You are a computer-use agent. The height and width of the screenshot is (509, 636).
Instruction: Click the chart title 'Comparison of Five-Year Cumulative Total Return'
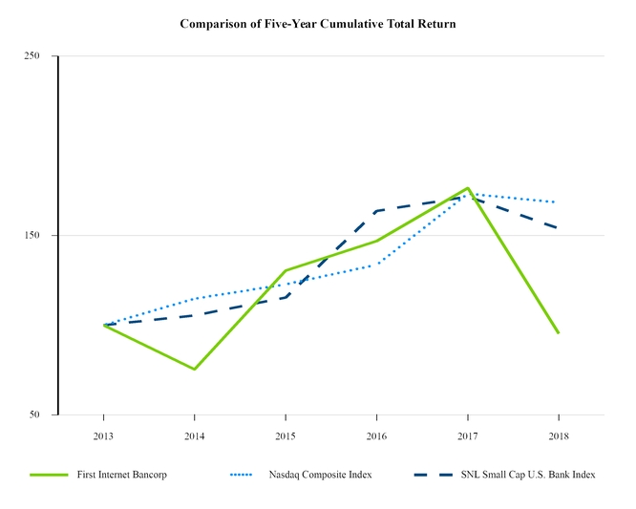click(x=318, y=23)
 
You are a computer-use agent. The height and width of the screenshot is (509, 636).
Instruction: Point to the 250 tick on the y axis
click(x=32, y=56)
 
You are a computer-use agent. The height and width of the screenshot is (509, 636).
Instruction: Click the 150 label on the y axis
click(x=32, y=236)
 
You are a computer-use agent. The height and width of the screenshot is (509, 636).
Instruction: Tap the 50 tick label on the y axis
click(x=34, y=415)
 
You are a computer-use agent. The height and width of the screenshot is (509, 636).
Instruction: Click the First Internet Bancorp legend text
click(x=122, y=475)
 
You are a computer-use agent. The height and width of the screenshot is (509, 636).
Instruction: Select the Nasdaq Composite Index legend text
click(x=327, y=475)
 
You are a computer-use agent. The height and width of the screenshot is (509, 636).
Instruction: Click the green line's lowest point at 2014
click(x=194, y=369)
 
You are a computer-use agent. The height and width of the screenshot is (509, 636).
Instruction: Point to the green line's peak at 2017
click(x=467, y=188)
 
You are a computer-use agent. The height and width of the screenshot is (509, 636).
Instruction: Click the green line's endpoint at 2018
click(x=558, y=333)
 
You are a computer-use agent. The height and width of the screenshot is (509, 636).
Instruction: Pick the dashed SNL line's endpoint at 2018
click(x=558, y=228)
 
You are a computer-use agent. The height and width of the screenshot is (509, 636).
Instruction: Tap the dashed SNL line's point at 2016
click(x=376, y=210)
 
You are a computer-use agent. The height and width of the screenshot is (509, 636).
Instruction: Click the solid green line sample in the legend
click(x=49, y=475)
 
